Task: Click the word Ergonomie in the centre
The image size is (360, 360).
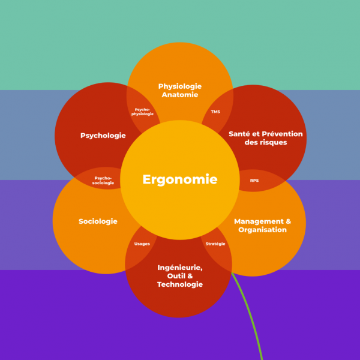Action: pos(180,179)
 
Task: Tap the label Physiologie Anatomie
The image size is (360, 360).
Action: pos(180,90)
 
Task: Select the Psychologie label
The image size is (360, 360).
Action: pos(103,136)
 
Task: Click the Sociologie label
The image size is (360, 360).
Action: pos(98,221)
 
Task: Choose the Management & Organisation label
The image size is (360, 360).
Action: pos(262,226)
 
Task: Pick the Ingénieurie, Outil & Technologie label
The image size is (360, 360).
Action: pos(180,276)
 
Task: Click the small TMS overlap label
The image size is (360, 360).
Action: pos(215,112)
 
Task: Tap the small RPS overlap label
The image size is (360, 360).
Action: pos(254,180)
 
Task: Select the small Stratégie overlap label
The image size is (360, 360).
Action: pos(215,244)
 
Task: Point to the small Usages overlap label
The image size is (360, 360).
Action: pos(142,244)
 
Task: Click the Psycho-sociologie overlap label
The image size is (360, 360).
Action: pos(103,180)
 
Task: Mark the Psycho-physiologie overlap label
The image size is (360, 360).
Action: pos(143,112)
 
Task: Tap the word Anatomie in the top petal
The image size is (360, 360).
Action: pos(180,95)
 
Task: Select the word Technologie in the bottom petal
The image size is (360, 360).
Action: pos(180,284)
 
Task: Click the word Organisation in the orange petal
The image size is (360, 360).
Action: pos(262,230)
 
